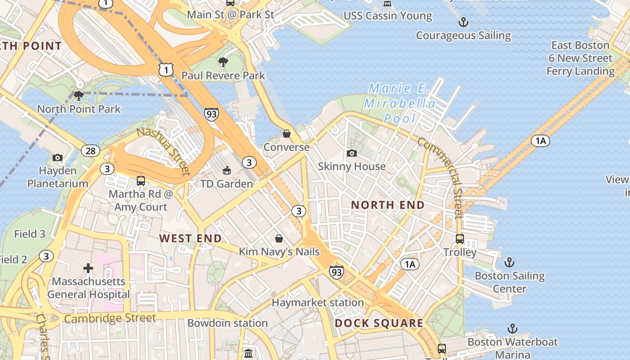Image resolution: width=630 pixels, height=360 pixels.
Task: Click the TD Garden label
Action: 226,184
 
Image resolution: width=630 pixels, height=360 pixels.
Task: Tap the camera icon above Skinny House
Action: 352,153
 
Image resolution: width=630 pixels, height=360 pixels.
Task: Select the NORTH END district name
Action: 387,205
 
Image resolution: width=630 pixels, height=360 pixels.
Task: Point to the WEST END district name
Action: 190,238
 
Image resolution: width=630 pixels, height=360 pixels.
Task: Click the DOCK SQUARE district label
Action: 379,323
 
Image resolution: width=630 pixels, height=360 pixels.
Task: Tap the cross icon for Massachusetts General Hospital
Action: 88,269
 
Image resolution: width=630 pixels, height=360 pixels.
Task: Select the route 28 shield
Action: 90,151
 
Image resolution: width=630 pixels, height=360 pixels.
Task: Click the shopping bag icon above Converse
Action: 286,134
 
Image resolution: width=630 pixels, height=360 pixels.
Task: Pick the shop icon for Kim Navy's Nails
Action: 279,238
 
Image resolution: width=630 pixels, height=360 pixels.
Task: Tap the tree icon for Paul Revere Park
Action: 223,62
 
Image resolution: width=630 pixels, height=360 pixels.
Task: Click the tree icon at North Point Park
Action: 79,95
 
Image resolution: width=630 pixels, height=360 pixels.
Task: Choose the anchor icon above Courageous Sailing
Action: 463,22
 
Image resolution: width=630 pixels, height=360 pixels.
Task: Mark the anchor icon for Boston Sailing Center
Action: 509,262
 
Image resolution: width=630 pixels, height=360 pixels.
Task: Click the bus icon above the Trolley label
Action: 459,238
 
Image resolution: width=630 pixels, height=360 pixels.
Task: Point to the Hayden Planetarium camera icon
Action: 58,157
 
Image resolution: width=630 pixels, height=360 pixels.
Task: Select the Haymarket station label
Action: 318,303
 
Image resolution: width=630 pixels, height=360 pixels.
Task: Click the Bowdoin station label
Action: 227,323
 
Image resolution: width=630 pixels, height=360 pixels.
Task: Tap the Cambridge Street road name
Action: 110,319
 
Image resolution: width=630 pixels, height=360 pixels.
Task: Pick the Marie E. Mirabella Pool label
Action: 400,103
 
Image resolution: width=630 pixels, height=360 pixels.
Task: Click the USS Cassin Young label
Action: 387,16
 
